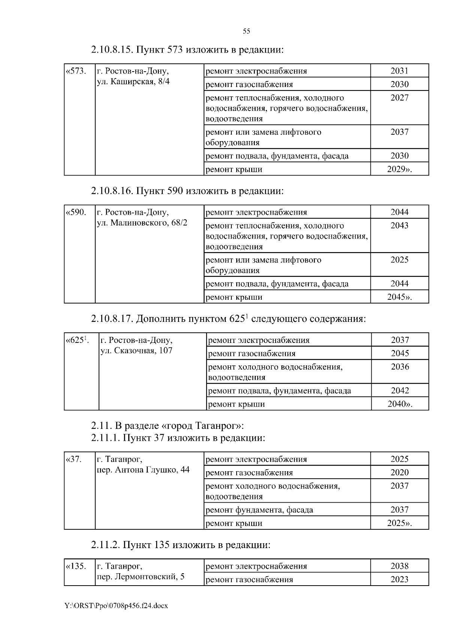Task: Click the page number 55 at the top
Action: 246,31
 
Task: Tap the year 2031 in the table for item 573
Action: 399,71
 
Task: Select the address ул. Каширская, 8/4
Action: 133,81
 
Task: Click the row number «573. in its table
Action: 76,71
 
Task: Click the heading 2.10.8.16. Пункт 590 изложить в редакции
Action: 187,191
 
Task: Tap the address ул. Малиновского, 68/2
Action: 142,223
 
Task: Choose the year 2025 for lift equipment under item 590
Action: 399,260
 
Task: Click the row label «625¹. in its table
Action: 77,340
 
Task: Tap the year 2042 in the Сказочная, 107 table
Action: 400,391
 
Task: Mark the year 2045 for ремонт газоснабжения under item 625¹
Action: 400,353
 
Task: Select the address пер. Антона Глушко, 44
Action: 143,470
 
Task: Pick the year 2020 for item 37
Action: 399,472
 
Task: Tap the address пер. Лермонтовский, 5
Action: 141,577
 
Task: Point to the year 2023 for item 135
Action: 399,579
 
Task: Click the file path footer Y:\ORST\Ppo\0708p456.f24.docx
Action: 116,606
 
